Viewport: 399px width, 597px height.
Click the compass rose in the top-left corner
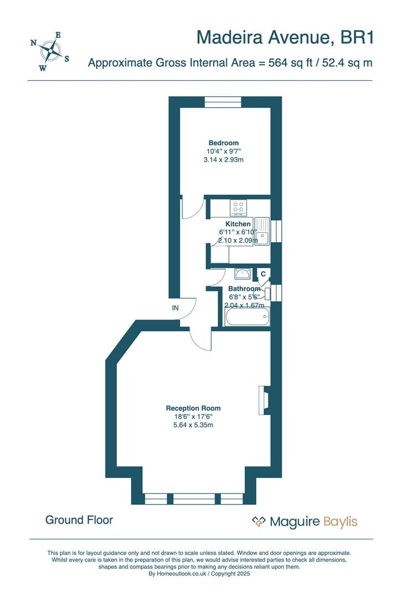pos(50,52)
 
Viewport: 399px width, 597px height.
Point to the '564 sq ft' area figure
pos(291,63)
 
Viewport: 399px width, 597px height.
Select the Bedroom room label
pos(223,143)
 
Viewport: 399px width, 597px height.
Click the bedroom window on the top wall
pos(223,102)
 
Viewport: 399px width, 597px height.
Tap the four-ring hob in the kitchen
pos(239,207)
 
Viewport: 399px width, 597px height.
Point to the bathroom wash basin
pos(243,273)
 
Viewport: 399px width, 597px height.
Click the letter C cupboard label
pos(263,274)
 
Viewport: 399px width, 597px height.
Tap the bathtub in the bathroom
pos(247,317)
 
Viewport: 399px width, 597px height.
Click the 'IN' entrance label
pos(175,308)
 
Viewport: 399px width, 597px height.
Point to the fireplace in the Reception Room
pos(263,400)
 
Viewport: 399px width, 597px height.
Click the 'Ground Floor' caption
pos(79,520)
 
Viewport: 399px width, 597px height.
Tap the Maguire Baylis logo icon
pos(259,521)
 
